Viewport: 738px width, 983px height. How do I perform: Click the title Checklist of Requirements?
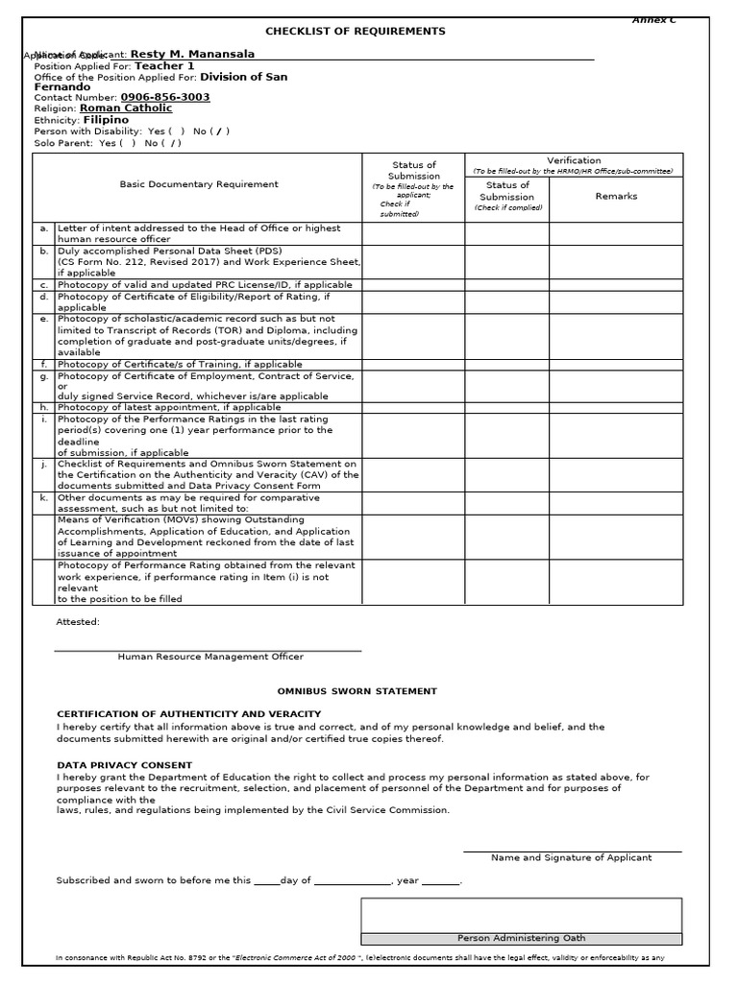coord(356,32)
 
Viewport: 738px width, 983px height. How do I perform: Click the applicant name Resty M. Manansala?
coord(187,55)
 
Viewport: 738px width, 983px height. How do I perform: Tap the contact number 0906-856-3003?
coord(165,98)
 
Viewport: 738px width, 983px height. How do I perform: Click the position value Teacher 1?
coord(164,66)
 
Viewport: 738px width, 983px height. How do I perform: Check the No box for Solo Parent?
coord(173,143)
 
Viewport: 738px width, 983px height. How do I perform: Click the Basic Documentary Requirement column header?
coord(199,184)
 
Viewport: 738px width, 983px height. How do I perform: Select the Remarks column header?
coord(616,196)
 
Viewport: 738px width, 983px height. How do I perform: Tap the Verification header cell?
coord(575,160)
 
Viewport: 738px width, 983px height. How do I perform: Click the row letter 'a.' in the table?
coord(44,228)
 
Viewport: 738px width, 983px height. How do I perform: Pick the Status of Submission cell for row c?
coord(414,285)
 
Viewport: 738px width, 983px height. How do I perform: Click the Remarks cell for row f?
coord(616,365)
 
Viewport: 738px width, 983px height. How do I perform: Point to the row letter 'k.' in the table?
coord(44,498)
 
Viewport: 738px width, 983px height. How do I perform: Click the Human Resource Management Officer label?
coord(210,658)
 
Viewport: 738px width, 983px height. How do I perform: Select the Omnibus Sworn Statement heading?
coord(357,691)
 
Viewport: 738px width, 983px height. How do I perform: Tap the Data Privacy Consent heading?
coord(125,765)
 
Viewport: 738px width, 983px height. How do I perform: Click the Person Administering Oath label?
coord(522,939)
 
